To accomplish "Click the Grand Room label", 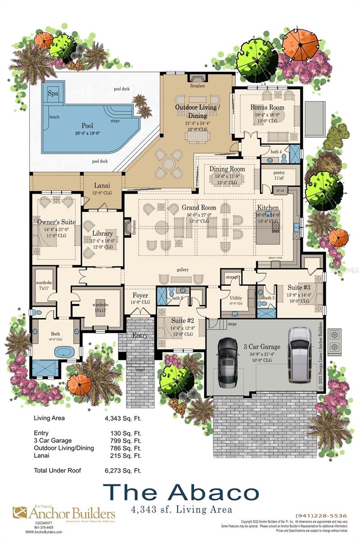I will pyautogui.click(x=199, y=207).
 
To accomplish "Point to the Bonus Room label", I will pyautogui.click(x=267, y=108).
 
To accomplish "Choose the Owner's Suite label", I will pyautogui.click(x=57, y=222).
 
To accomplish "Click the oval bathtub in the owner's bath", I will pyautogui.click(x=65, y=351).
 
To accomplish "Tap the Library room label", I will pyautogui.click(x=102, y=234).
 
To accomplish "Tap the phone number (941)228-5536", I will pyautogui.click(x=321, y=516).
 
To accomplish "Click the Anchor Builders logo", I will pyautogui.click(x=63, y=513).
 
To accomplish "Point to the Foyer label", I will pyautogui.click(x=140, y=296).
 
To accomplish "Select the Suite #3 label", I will pyautogui.click(x=299, y=287).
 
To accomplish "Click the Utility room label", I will pyautogui.click(x=236, y=298).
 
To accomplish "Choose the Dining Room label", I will pyautogui.click(x=227, y=169).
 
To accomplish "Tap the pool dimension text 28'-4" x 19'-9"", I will pyautogui.click(x=87, y=134).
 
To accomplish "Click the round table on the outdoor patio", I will pyautogui.click(x=168, y=164).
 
